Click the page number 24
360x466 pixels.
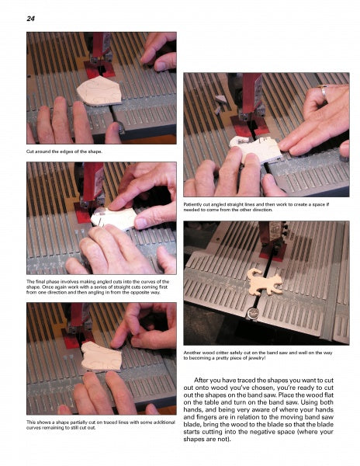(x=30, y=19)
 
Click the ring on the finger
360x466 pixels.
(x=324, y=92)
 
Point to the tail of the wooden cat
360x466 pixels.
(x=252, y=273)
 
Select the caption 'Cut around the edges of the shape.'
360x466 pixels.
(x=64, y=151)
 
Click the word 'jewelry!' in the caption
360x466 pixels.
(x=255, y=358)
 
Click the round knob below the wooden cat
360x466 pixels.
(x=252, y=313)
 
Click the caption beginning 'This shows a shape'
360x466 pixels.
(x=101, y=425)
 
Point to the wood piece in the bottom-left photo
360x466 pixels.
(x=101, y=356)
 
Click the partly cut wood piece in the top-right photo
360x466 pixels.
(x=256, y=149)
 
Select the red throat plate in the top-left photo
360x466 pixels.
(x=99, y=70)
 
